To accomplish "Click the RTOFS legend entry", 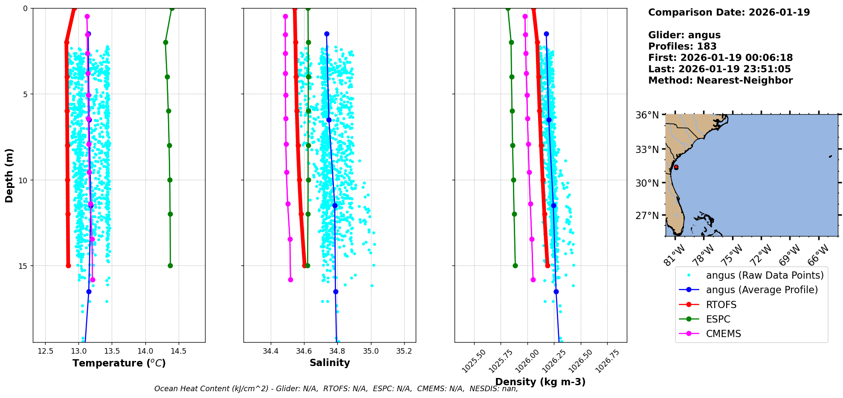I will (x=721, y=305).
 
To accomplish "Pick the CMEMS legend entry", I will (x=723, y=334).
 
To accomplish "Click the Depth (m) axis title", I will (x=9, y=176).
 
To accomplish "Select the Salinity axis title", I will (x=330, y=363).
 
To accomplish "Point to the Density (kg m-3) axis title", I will (x=540, y=382).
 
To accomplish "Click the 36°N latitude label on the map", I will (x=647, y=115).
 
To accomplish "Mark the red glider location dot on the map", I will (x=676, y=167).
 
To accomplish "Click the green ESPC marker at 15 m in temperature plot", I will (x=170, y=265).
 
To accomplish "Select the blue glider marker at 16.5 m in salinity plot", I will (x=336, y=291).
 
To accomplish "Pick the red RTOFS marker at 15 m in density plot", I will (x=548, y=265).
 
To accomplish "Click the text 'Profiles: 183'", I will (x=682, y=46).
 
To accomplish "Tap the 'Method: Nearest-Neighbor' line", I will (x=720, y=81).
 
